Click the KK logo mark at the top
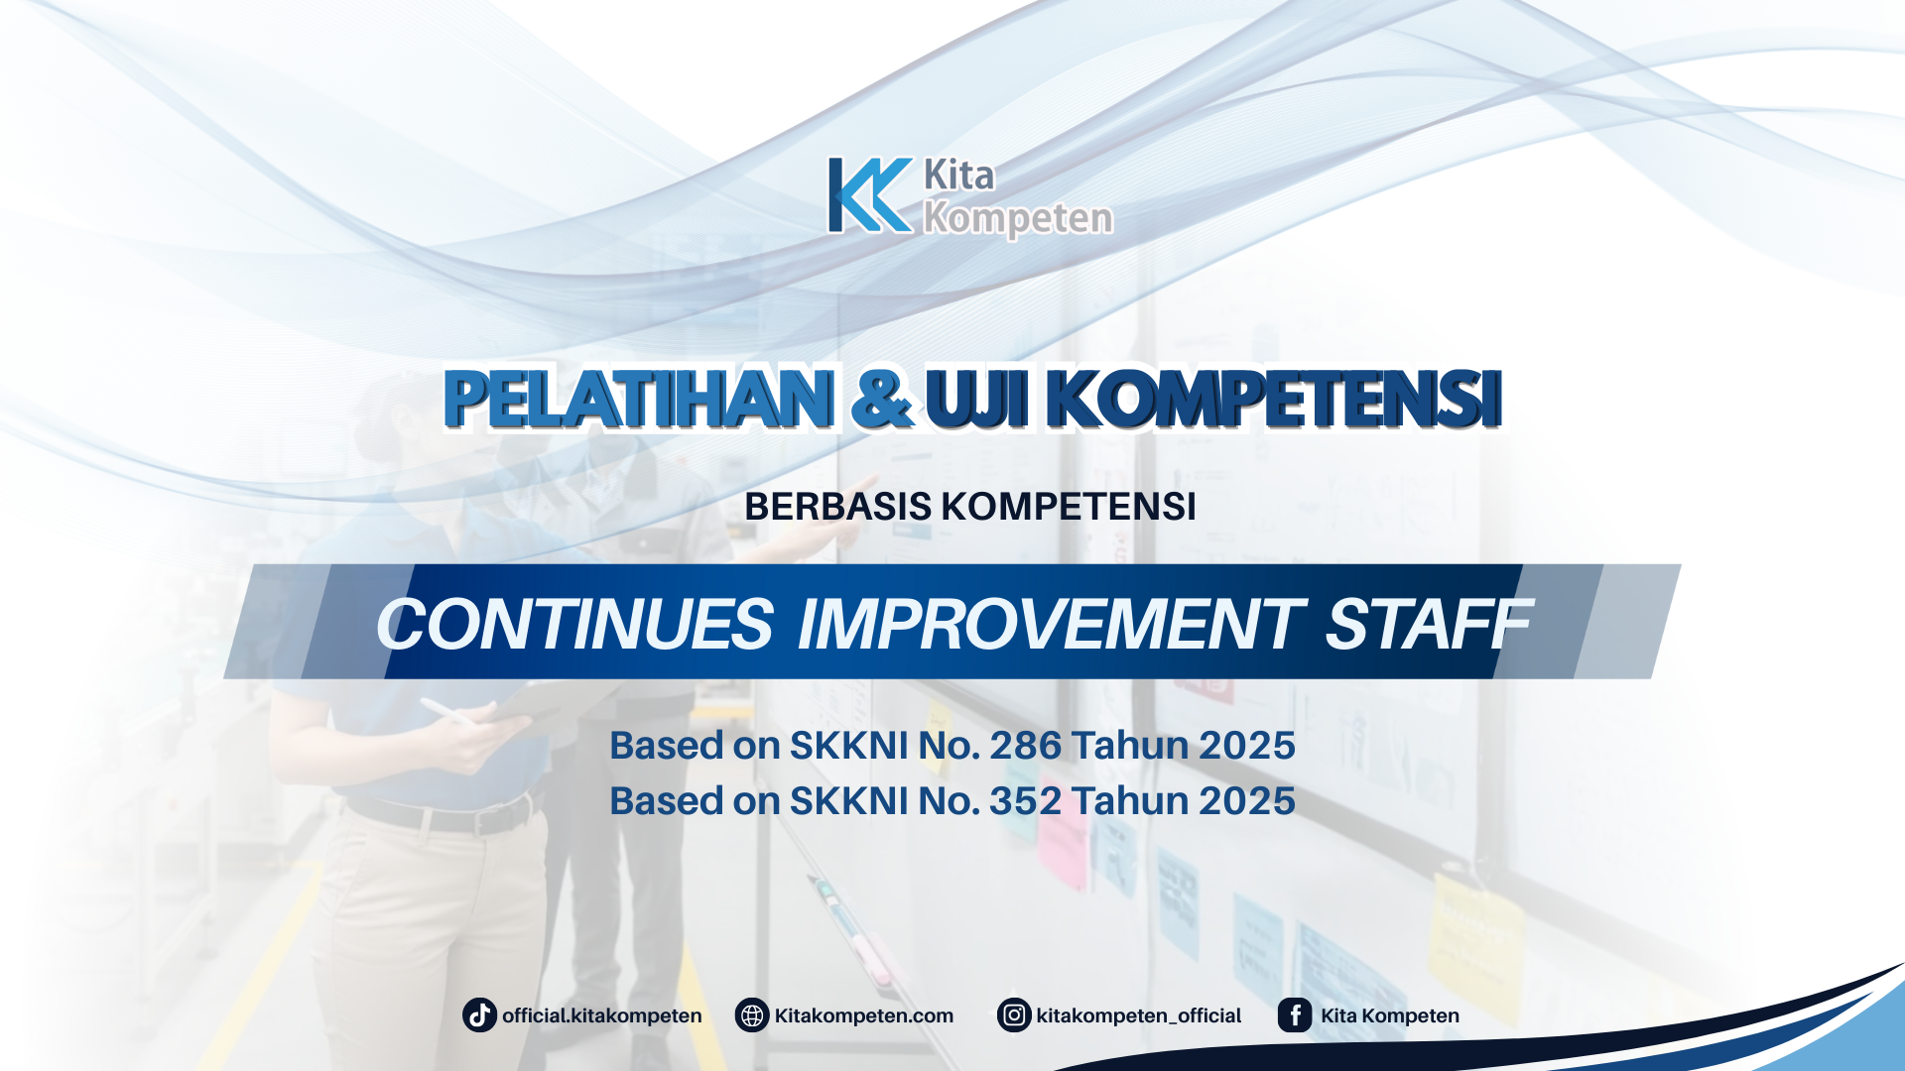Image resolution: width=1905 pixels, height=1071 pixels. coord(869,195)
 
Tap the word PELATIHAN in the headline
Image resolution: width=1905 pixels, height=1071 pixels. coord(638,399)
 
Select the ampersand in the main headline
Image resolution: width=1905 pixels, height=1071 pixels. coord(881,399)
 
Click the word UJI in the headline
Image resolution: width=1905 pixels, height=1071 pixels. coord(977,399)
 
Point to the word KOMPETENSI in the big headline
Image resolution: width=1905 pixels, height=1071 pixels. coord(1274,399)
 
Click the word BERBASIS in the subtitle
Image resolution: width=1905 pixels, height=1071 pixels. coord(837,507)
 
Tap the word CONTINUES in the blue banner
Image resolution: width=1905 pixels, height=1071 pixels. coord(574,625)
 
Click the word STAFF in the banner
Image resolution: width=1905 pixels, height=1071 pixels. coord(1428,625)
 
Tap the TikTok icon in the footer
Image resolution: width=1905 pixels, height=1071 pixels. coord(479,1015)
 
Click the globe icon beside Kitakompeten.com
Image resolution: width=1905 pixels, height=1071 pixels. coord(752,1015)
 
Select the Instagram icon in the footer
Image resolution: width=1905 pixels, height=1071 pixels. coord(1014,1015)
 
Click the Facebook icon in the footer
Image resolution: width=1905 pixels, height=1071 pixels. coord(1295,1015)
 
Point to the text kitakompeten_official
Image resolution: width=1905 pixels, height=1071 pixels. coord(1138,1015)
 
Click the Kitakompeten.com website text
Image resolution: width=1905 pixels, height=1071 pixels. coord(863,1015)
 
